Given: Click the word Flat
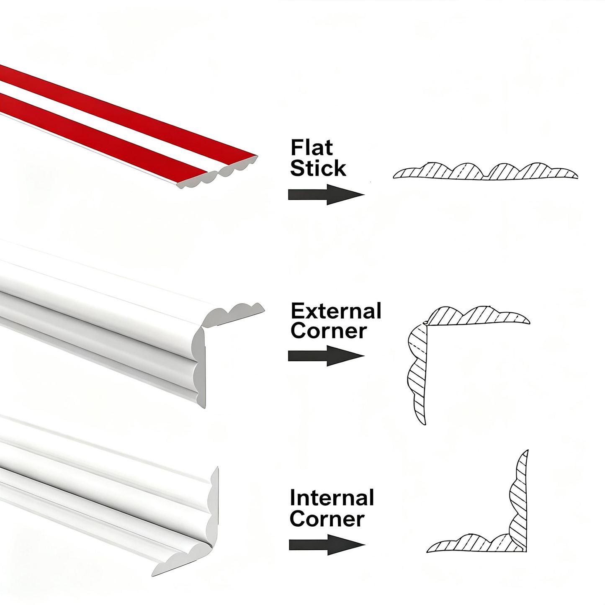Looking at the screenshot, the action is coord(312,147).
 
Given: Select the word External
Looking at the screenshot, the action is coord(336,311).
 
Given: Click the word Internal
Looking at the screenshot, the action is coord(332,498).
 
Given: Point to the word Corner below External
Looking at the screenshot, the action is coord(329,331).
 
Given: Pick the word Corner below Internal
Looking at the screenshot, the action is coord(327,519).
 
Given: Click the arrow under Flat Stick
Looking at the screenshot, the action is coord(326,195).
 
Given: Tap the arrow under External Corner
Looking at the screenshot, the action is coord(326,356).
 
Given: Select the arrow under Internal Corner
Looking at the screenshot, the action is coord(327,545).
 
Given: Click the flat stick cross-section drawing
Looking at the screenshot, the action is coord(485,172).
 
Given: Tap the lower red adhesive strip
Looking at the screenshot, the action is coord(103,138).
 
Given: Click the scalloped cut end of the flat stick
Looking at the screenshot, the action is coord(216,172).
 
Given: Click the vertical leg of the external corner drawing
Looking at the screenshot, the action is coord(417,373).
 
